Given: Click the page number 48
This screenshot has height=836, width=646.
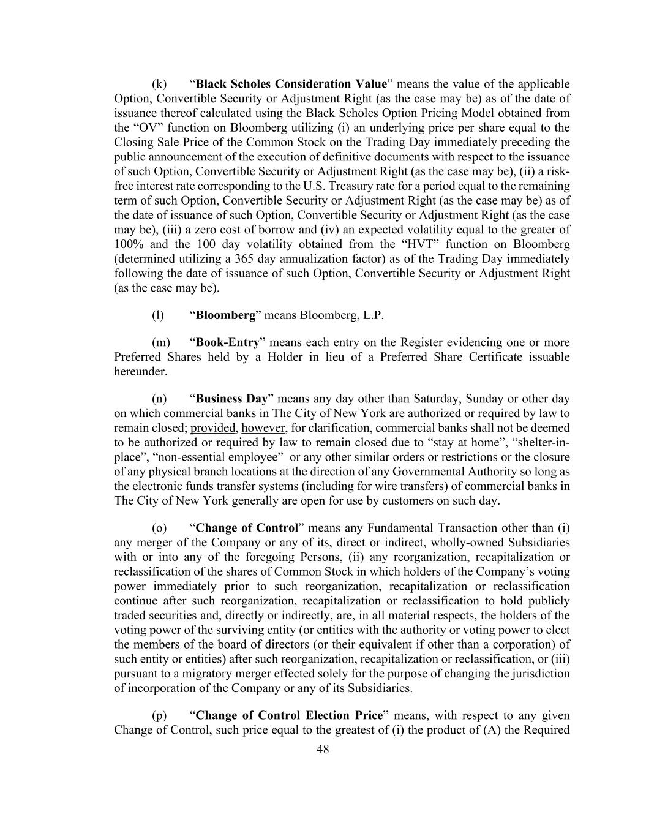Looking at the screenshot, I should coord(323,749).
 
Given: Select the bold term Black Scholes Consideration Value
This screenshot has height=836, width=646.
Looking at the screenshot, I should coord(291,84).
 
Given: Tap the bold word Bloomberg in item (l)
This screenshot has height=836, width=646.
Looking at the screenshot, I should coord(225,315).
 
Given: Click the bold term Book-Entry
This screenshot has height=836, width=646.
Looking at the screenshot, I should coord(228,342).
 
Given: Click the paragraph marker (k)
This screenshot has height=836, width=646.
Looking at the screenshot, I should coord(159,84).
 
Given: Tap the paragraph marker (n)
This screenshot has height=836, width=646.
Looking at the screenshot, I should coord(159,399).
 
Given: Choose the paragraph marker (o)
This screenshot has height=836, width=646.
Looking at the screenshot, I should coord(159,528).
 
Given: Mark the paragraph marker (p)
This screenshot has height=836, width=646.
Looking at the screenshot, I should coord(159,715).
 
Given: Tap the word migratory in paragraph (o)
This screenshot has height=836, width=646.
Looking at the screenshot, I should coord(197,674).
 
